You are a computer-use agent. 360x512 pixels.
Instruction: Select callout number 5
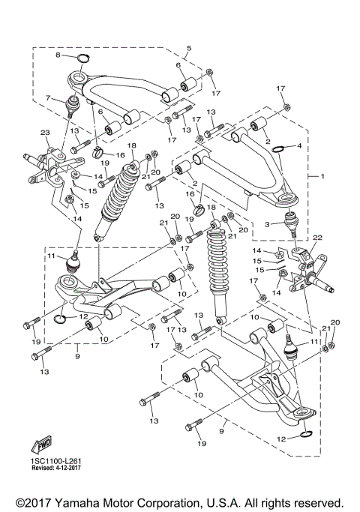[189, 49]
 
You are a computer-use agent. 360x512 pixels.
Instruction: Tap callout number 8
[57, 55]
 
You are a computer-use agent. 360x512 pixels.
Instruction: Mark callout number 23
[46, 133]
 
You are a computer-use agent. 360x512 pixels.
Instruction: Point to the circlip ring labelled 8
[83, 58]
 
